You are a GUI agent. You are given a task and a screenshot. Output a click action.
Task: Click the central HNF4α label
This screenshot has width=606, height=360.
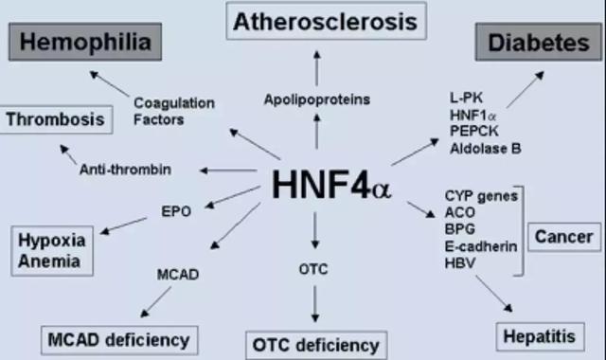coord(331,185)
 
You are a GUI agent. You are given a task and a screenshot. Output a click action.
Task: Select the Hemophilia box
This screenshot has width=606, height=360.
coord(85,42)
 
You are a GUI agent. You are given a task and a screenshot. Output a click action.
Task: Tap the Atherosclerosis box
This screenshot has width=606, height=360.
coord(326,21)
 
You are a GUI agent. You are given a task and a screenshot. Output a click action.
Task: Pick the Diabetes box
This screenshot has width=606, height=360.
coord(539,42)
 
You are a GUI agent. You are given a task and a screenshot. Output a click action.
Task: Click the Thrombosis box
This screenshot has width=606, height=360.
coord(56,119)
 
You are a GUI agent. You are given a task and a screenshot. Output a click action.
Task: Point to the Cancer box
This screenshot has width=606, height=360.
coord(564,237)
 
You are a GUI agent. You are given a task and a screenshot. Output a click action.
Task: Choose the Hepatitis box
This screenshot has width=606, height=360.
coord(540,336)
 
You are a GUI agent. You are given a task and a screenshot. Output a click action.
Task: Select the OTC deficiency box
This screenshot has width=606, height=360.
coord(316,345)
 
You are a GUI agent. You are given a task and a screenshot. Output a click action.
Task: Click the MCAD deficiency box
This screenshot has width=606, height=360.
coord(119,340)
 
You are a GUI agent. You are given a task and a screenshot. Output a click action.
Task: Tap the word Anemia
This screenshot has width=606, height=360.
coord(49,261)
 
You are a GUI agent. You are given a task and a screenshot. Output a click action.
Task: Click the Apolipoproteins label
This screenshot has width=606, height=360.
coord(317,99)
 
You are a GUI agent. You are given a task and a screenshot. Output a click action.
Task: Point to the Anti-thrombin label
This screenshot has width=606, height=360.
coord(125,170)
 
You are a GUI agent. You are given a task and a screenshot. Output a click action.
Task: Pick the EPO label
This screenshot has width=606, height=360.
coord(176,211)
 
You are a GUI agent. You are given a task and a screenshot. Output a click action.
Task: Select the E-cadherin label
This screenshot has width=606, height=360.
coord(481,246)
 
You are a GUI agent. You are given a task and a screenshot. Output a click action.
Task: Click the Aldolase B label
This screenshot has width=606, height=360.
coord(486,149)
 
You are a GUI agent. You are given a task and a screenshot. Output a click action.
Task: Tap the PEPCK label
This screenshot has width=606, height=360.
coord(474,131)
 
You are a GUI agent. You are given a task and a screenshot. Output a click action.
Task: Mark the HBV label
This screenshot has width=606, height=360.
coord(460,263)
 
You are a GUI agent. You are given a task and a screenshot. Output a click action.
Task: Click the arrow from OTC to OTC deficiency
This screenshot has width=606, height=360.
coord(315,304)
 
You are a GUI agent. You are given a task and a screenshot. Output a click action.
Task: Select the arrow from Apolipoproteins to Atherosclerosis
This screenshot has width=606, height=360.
coord(317,68)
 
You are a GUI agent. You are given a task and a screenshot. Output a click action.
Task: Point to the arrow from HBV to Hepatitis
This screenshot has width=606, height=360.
coord(494,294)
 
